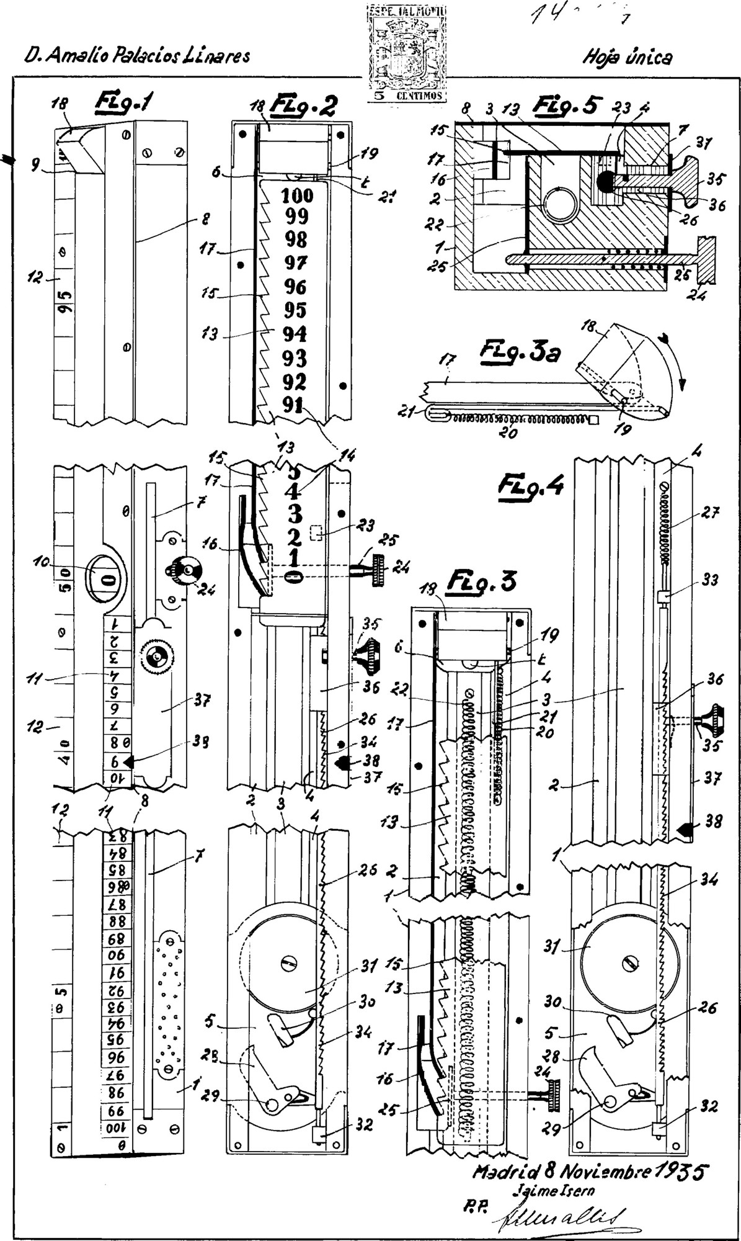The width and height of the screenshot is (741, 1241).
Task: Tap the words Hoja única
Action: click(x=627, y=58)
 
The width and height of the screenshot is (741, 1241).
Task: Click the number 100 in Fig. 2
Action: click(x=298, y=195)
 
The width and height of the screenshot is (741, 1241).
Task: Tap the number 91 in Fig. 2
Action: click(x=292, y=405)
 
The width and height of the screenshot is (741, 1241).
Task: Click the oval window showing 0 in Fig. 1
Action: click(x=107, y=580)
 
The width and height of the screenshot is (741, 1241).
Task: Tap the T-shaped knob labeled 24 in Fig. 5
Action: click(x=706, y=261)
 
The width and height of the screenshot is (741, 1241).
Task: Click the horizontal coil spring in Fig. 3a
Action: click(x=520, y=419)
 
